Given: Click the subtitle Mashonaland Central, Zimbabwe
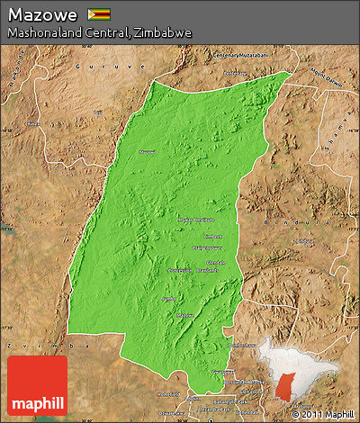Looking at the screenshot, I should pyautogui.click(x=99, y=32).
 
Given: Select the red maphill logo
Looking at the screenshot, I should pyautogui.click(x=37, y=385).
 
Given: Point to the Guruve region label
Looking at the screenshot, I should pyautogui.click(x=91, y=67).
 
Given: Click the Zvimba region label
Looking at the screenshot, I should pyautogui.click(x=18, y=345).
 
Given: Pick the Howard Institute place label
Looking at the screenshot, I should pyautogui.click(x=195, y=219).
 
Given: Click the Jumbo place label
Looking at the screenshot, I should pyautogui.click(x=166, y=297).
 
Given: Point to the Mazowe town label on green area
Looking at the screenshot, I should pyautogui.click(x=185, y=315).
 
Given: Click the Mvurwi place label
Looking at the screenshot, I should pyautogui.click(x=147, y=152).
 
